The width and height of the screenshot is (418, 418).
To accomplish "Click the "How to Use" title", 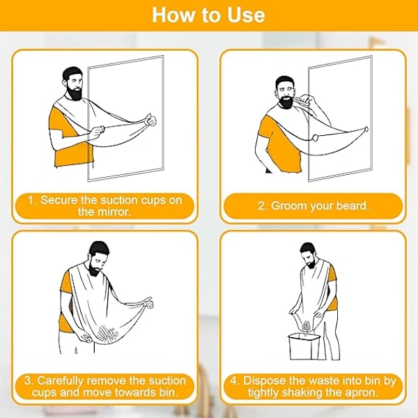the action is click(x=208, y=15).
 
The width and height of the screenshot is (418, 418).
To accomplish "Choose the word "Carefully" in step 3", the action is click(x=60, y=381).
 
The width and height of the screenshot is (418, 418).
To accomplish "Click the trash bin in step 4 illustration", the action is click(x=304, y=346).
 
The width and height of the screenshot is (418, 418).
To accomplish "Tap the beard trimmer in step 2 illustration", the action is click(x=303, y=100).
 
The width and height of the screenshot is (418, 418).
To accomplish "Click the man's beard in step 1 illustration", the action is click(x=75, y=93).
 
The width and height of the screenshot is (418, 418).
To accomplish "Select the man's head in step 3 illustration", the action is click(x=98, y=258).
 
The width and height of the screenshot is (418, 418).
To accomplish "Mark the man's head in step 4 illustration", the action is click(x=309, y=255).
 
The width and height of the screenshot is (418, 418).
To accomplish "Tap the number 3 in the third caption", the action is click(x=29, y=381).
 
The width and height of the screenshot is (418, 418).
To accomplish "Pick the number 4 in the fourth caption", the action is click(x=234, y=381).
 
